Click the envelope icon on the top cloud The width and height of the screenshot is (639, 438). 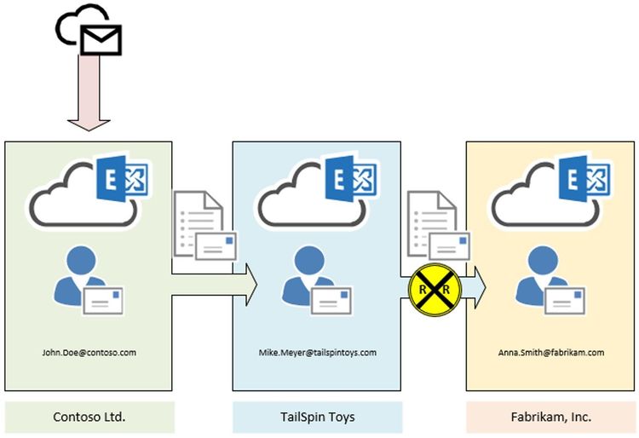(101, 38)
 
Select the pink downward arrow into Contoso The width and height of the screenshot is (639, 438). (88, 93)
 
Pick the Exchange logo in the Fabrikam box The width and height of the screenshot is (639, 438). (586, 182)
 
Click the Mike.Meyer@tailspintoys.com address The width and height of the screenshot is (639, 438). (317, 351)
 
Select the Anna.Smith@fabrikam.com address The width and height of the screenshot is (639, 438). (550, 351)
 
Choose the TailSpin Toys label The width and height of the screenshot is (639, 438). (317, 418)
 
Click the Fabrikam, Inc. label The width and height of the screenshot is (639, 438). (550, 418)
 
